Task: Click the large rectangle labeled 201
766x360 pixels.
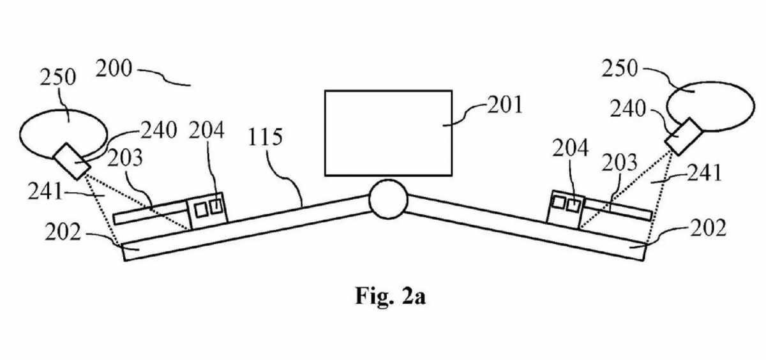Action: click(389, 132)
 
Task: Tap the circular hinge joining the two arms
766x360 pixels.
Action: click(387, 199)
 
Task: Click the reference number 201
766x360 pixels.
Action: click(504, 104)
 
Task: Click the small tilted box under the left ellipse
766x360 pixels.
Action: click(72, 161)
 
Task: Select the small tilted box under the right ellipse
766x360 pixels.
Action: click(683, 133)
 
